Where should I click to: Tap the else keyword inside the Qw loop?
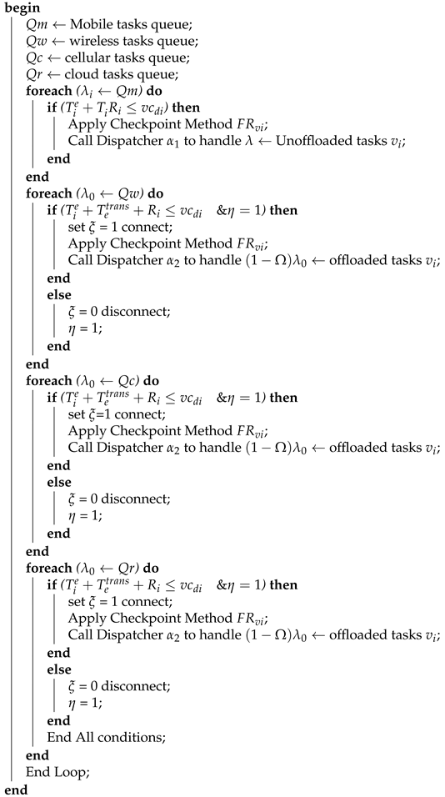[x=58, y=296]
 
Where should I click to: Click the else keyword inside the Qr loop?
[x=58, y=670]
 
